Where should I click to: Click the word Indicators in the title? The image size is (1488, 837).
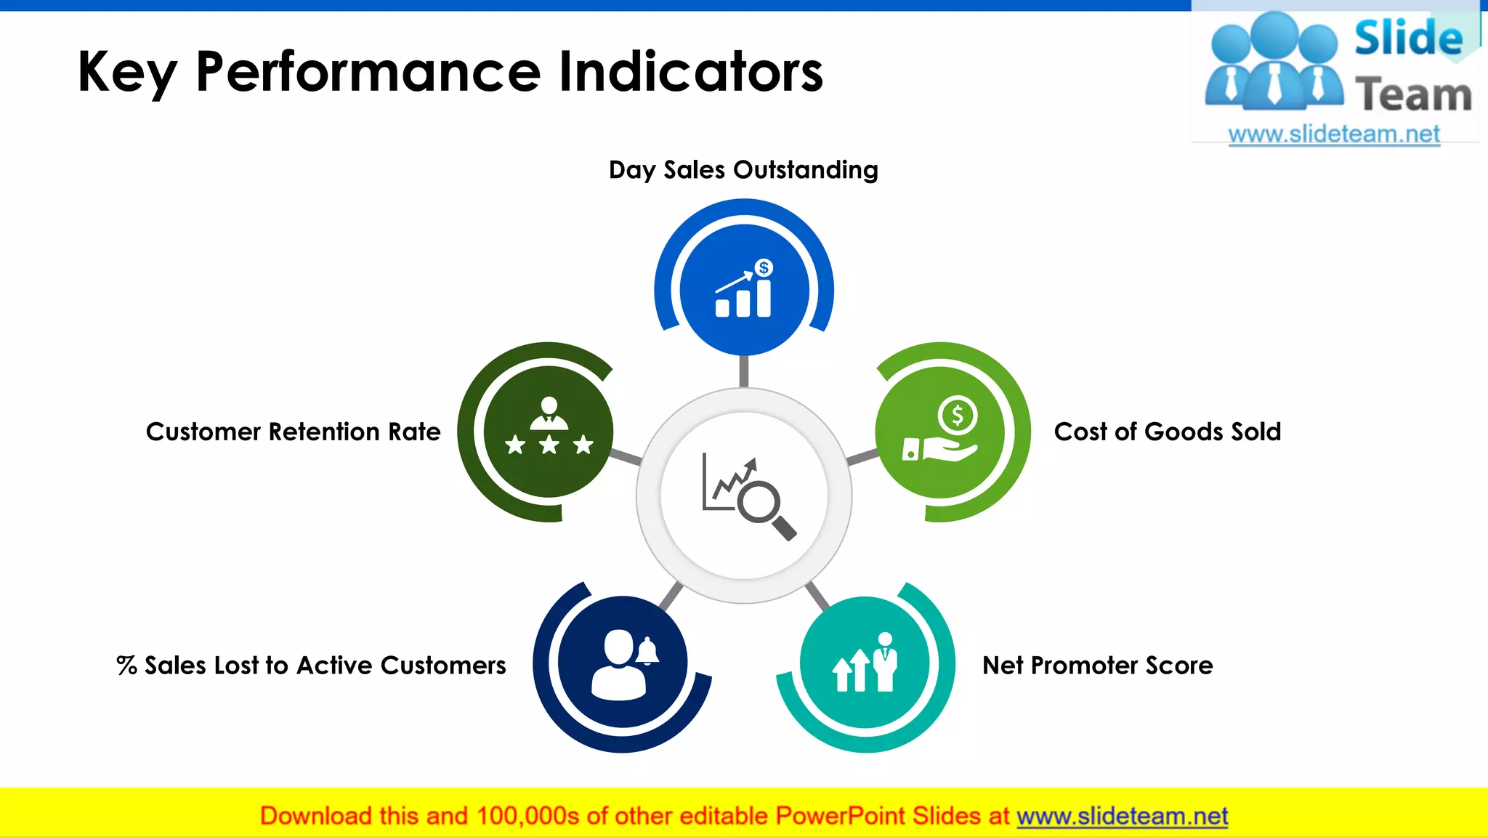690,72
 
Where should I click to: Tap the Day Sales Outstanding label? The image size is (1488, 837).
743,170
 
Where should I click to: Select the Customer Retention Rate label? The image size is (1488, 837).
293,432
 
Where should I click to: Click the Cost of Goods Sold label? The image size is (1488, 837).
1167,432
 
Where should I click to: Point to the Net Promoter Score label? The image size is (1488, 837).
1097,666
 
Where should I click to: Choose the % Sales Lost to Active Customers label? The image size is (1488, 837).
311,666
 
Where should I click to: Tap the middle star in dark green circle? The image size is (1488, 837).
549,444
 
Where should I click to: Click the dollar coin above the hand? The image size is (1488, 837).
957,416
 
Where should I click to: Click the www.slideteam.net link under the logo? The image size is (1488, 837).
1333,134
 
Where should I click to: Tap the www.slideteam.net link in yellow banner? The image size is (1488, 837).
1122,816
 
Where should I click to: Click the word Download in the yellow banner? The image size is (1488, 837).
315,816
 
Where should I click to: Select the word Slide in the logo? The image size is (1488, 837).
1408,38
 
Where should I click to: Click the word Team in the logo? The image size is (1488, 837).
1412,95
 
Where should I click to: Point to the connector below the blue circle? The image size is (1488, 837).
743,371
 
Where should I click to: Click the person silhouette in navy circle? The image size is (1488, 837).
618,665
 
